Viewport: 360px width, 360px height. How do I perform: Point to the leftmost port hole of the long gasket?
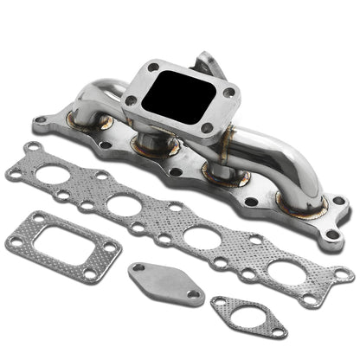tap(55, 179)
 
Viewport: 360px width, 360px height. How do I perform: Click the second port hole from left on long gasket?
tap(123, 206)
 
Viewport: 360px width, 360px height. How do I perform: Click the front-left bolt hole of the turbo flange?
tap(130, 100)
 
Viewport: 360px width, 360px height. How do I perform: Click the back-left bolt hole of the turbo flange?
tap(153, 67)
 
